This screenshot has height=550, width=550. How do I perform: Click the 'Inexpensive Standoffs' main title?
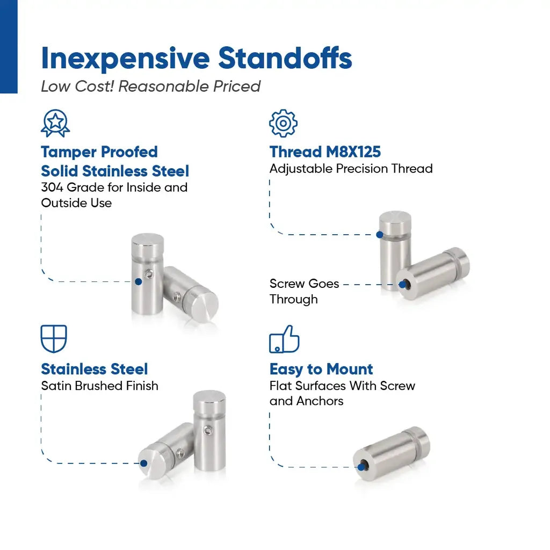tap(197, 59)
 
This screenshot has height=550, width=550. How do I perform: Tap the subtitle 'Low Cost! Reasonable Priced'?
tap(150, 86)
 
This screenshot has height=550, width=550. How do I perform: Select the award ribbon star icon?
tap(55, 123)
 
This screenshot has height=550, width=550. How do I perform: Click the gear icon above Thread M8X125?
tap(283, 123)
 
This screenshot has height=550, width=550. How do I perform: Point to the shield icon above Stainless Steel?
tap(54, 339)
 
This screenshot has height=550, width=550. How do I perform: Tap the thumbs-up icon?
tap(284, 339)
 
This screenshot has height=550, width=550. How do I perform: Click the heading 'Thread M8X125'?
tap(325, 152)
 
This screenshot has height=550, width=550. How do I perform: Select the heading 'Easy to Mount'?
tap(321, 370)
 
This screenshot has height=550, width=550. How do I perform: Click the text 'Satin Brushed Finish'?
tap(100, 386)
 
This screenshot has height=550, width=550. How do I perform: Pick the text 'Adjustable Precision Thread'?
tap(351, 169)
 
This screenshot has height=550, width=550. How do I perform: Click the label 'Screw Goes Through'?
tap(304, 291)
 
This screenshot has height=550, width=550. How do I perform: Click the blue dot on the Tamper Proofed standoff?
tap(139, 281)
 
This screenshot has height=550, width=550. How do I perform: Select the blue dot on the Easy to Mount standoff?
tap(361, 467)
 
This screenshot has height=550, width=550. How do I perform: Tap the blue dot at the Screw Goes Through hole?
tap(402, 285)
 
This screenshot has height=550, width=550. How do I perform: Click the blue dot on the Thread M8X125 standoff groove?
tap(380, 234)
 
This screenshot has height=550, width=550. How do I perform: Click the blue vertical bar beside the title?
tap(9, 47)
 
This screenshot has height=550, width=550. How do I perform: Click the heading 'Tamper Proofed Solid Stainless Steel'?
tap(115, 162)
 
